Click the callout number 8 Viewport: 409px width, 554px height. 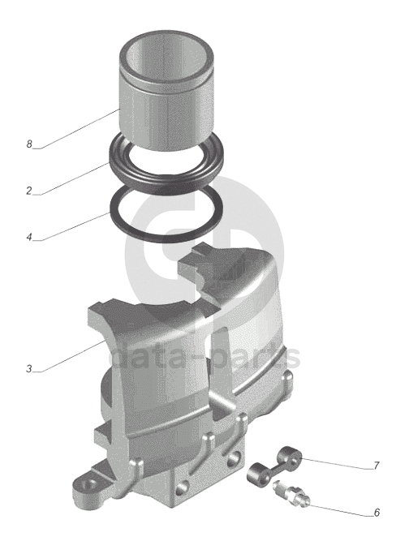coord(29,144)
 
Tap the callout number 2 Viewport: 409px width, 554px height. coord(29,191)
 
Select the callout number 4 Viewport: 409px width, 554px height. coord(29,237)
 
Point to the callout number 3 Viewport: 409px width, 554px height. coord(29,368)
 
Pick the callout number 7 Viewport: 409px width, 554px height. coord(376,466)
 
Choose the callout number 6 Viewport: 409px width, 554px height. coord(377,513)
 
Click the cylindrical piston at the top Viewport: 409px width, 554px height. coord(166,91)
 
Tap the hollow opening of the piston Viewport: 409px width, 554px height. coord(166,60)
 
